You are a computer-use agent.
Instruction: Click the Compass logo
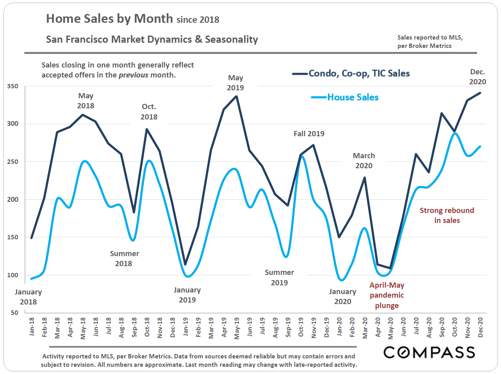click(429, 352)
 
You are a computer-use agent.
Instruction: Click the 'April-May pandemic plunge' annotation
click(387, 295)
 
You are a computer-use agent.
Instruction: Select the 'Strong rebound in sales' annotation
click(447, 215)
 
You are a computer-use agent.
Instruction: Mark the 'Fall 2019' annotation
click(309, 134)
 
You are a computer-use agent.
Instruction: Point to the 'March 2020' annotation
click(364, 161)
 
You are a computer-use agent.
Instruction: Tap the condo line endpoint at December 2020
click(480, 93)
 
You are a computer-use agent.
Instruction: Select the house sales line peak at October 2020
click(455, 133)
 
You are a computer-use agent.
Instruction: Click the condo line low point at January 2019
click(185, 265)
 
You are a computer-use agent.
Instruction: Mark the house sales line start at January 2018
click(32, 279)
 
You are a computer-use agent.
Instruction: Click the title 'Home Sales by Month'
click(109, 18)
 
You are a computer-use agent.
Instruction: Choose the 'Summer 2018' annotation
click(124, 259)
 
